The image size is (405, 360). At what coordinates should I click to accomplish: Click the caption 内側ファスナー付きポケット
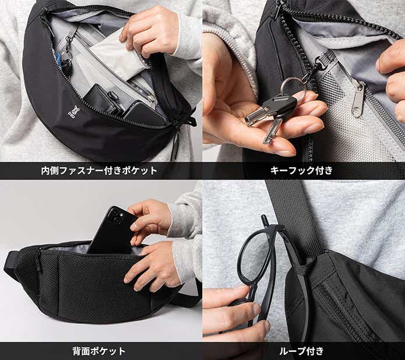99,171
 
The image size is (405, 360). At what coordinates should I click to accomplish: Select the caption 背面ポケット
99,351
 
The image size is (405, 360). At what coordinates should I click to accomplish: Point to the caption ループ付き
303,351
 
